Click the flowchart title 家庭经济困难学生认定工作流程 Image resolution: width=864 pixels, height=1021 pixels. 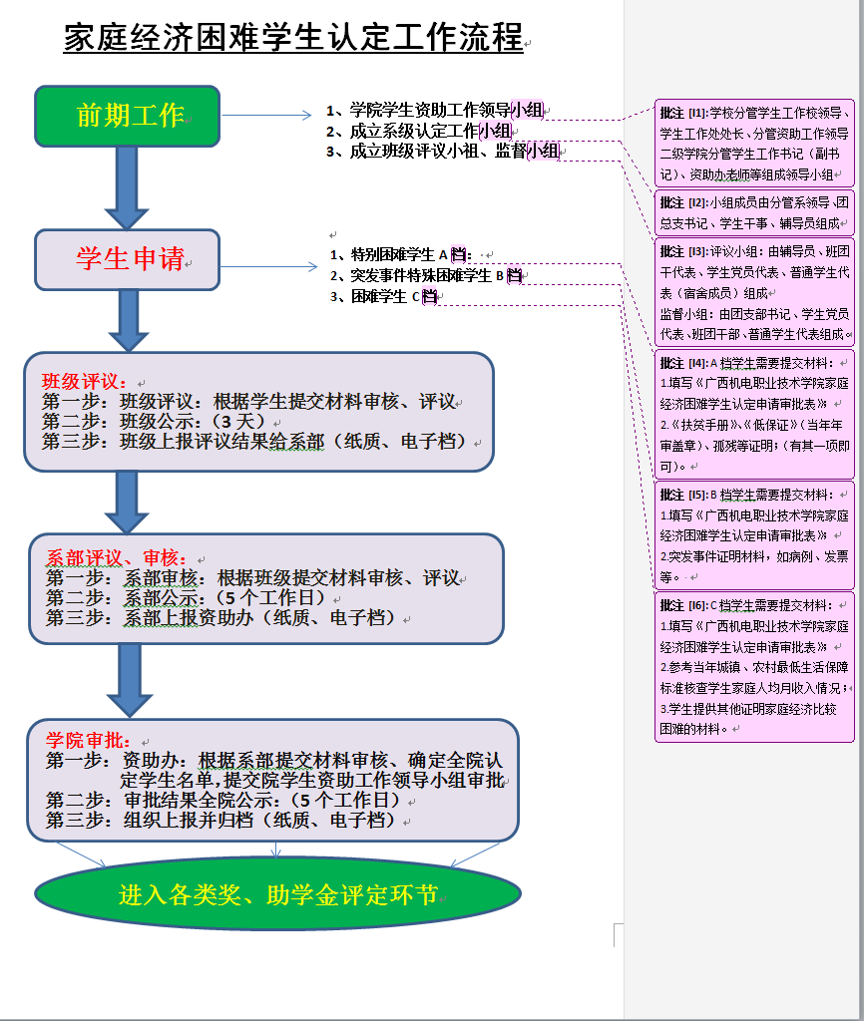tap(293, 38)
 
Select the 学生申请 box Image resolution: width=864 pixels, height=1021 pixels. tap(127, 259)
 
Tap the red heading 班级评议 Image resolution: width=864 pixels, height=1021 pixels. tap(84, 382)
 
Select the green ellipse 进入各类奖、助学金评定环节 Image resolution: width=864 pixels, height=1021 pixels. tap(277, 894)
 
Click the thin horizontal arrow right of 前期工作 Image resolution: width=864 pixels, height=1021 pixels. tap(266, 116)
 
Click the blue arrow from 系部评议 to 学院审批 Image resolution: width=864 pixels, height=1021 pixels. tap(130, 679)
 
